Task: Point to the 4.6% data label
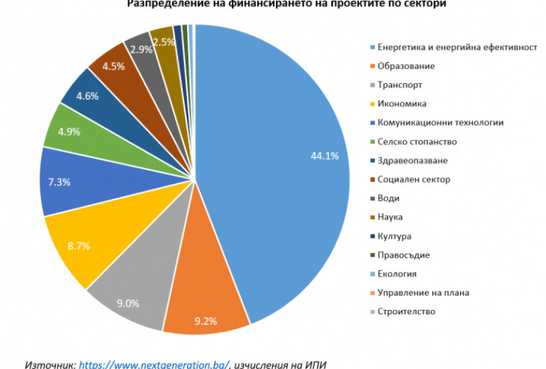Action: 87,96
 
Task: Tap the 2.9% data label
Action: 141,50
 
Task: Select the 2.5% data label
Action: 164,42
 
